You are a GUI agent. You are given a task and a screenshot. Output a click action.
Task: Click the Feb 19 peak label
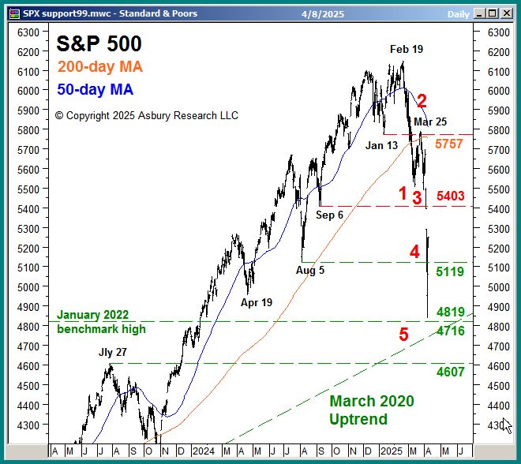tap(406, 49)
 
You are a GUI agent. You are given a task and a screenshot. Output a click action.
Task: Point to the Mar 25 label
tap(430, 122)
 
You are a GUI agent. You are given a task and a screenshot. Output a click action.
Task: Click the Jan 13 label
tap(381, 145)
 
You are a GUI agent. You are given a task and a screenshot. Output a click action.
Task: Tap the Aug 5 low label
tap(310, 270)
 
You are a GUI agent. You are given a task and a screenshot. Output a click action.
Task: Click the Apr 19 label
tap(257, 301)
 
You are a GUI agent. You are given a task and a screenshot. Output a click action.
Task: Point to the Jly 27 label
tap(112, 352)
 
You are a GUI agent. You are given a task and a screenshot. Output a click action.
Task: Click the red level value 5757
tap(448, 144)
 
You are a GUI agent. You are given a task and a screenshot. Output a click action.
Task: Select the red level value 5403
tap(450, 196)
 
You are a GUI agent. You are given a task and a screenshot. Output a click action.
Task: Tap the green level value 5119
tap(450, 271)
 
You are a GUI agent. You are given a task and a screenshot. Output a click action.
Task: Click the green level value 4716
tap(450, 331)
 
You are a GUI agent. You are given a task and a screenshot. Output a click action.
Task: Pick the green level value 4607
tap(450, 372)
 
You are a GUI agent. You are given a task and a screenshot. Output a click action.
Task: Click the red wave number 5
tap(403, 335)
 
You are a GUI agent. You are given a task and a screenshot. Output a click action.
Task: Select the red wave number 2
tap(422, 101)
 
